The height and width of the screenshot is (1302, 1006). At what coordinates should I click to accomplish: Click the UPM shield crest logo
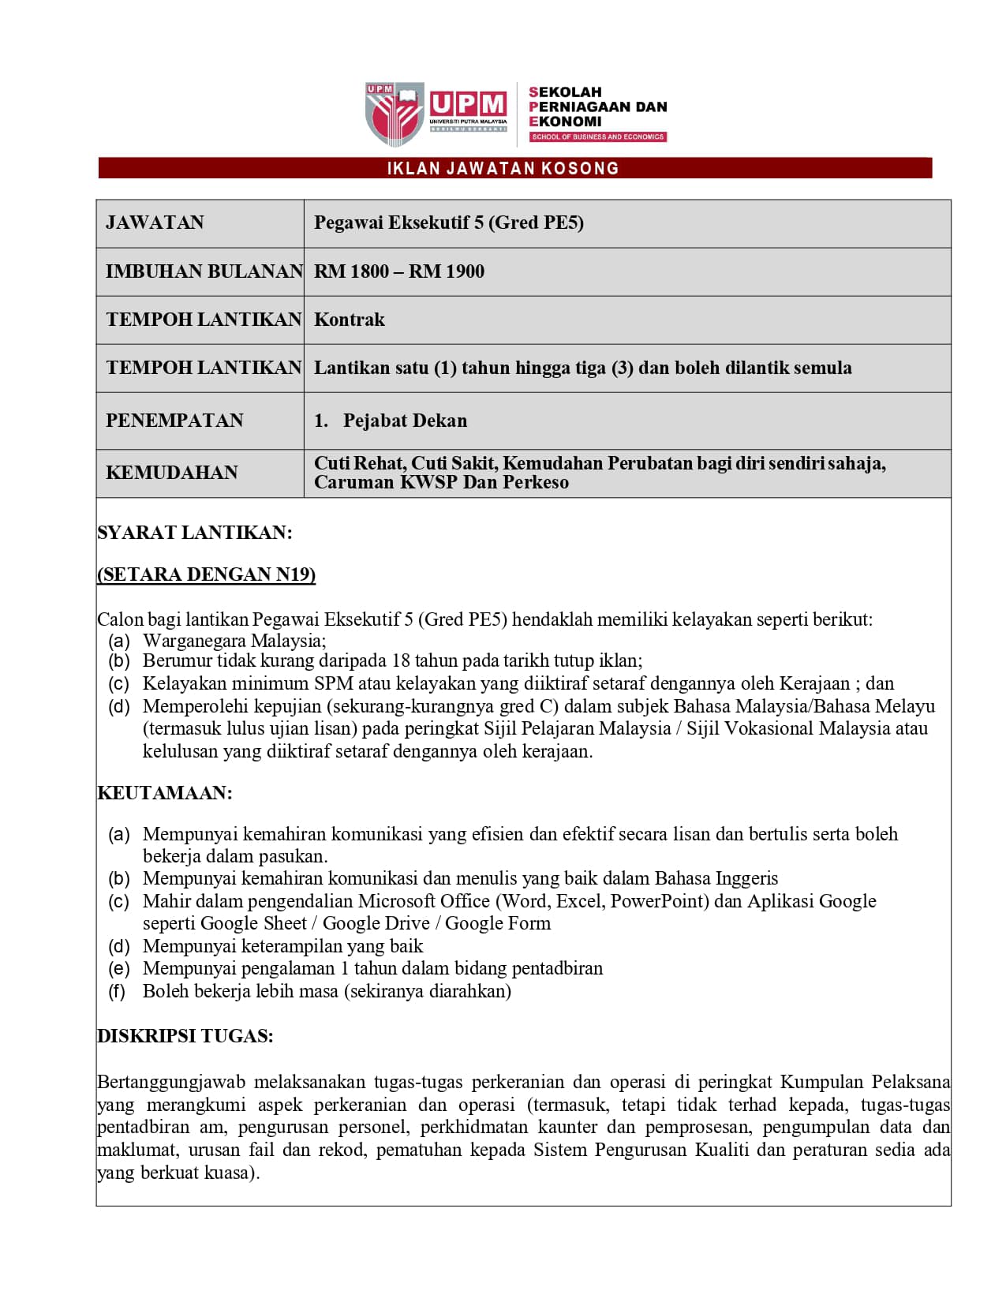[x=394, y=114]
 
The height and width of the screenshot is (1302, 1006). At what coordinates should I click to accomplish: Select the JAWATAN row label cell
[x=155, y=223]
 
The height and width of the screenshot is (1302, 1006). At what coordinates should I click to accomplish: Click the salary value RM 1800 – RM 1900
[x=398, y=271]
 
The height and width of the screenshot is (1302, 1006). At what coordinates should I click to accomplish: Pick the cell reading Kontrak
[x=349, y=320]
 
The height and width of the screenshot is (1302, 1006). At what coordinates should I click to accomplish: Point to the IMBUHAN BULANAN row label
[x=204, y=271]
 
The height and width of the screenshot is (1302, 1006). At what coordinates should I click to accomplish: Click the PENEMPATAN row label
[x=174, y=421]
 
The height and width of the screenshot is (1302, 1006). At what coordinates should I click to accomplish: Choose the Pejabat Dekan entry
[x=405, y=421]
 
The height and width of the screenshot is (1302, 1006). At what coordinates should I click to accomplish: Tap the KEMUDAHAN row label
[x=171, y=473]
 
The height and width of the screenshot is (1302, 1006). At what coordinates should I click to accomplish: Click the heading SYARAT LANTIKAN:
[x=194, y=533]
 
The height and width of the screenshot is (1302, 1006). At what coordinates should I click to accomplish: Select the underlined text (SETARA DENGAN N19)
[x=206, y=574]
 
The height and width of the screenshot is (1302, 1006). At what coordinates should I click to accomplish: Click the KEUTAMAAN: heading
[x=164, y=793]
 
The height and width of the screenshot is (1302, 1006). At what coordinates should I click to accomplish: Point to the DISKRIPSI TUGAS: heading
[x=185, y=1036]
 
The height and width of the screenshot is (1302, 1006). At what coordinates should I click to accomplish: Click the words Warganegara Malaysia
[x=234, y=641]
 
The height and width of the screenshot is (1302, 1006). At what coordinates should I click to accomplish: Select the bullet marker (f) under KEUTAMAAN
[x=117, y=991]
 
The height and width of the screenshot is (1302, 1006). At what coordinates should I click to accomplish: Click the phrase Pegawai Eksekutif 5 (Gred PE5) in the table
[x=448, y=223]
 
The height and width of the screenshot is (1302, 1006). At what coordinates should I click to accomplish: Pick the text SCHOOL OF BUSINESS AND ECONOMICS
[x=597, y=137]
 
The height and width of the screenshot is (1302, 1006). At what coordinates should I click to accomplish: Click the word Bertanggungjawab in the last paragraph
[x=170, y=1082]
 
